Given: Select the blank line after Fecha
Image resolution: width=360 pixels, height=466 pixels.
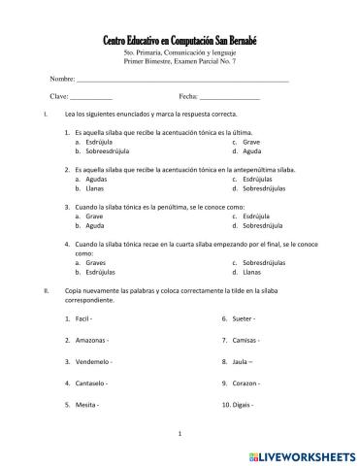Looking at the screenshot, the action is click(230, 98).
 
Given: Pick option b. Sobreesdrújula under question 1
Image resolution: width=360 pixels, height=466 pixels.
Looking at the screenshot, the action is click(112, 151).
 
